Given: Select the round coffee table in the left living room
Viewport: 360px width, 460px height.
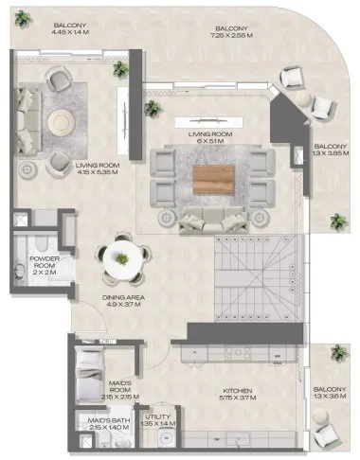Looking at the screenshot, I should [x=61, y=120].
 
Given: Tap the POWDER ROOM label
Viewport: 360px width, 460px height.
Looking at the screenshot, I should [x=45, y=259].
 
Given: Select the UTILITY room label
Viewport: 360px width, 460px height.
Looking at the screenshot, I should [x=157, y=416].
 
